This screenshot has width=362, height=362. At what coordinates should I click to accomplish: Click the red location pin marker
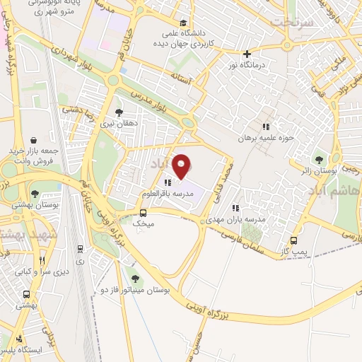pos(183,167)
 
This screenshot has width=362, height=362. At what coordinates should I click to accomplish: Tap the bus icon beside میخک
pos(144,212)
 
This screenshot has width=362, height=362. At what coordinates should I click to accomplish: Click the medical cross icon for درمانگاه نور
pos(247,54)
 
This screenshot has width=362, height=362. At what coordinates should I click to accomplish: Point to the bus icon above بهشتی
pos(26,294)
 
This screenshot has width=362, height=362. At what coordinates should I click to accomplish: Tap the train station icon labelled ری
pos(81,249)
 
